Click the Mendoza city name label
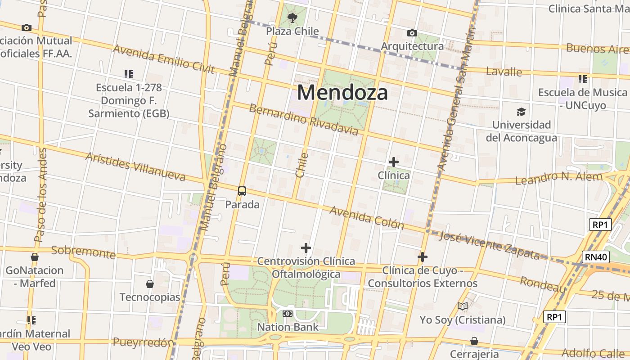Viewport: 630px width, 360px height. [x=342, y=93]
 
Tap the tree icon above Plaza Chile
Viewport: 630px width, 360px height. [x=292, y=18]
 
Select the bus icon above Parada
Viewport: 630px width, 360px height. [x=242, y=191]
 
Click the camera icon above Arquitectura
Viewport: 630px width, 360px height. [x=412, y=33]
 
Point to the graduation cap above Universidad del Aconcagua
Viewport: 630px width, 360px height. [x=521, y=112]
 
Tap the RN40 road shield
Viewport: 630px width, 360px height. [x=596, y=257]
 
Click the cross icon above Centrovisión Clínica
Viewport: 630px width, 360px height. [x=306, y=248]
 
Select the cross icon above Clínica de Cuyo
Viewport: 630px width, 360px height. [x=422, y=257]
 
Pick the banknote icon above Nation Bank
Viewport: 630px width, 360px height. [x=288, y=314]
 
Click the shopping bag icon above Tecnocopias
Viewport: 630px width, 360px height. [x=150, y=284]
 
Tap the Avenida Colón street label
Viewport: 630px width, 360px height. [x=367, y=217]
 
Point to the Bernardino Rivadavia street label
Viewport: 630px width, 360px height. [x=304, y=120]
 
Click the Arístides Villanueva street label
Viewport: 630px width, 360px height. [x=135, y=166]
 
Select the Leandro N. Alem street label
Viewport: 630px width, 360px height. [x=558, y=178]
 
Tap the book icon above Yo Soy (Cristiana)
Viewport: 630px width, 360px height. [x=463, y=306]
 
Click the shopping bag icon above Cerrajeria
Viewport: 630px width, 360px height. [x=474, y=341]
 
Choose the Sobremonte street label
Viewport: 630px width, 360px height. [x=83, y=252]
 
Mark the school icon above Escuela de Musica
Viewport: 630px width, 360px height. [x=583, y=80]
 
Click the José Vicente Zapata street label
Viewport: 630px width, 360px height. [x=489, y=246]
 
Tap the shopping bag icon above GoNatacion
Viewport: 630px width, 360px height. [x=35, y=257]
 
